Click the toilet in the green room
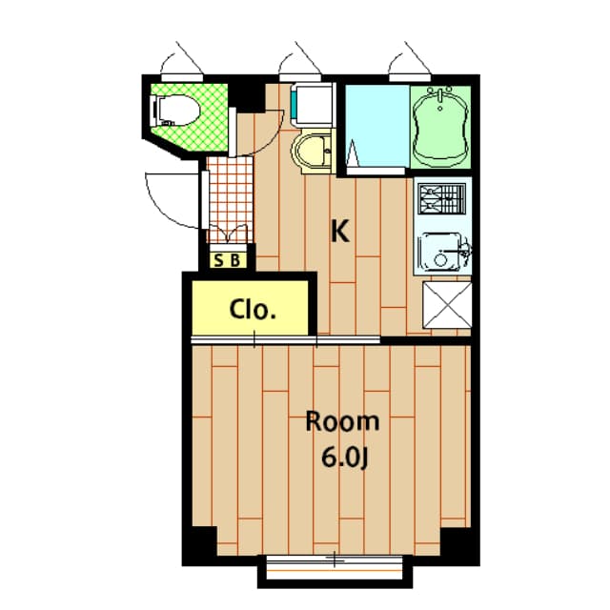[173, 111]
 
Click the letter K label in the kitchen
[338, 231]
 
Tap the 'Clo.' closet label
[253, 310]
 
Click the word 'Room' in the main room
[341, 421]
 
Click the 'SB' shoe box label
[227, 258]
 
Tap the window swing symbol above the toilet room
[182, 59]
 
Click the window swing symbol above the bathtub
[412, 59]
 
